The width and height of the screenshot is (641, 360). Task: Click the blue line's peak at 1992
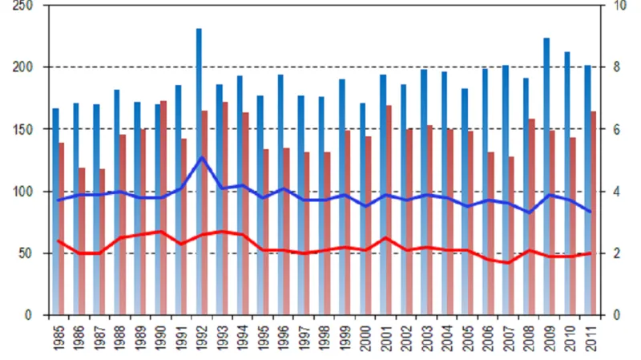pos(202,157)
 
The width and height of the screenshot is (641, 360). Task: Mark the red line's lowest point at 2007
pos(508,262)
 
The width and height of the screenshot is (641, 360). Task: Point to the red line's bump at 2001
pos(387,237)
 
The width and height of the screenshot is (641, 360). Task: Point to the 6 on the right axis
pos(616,129)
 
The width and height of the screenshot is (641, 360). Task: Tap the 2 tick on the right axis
pos(616,253)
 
